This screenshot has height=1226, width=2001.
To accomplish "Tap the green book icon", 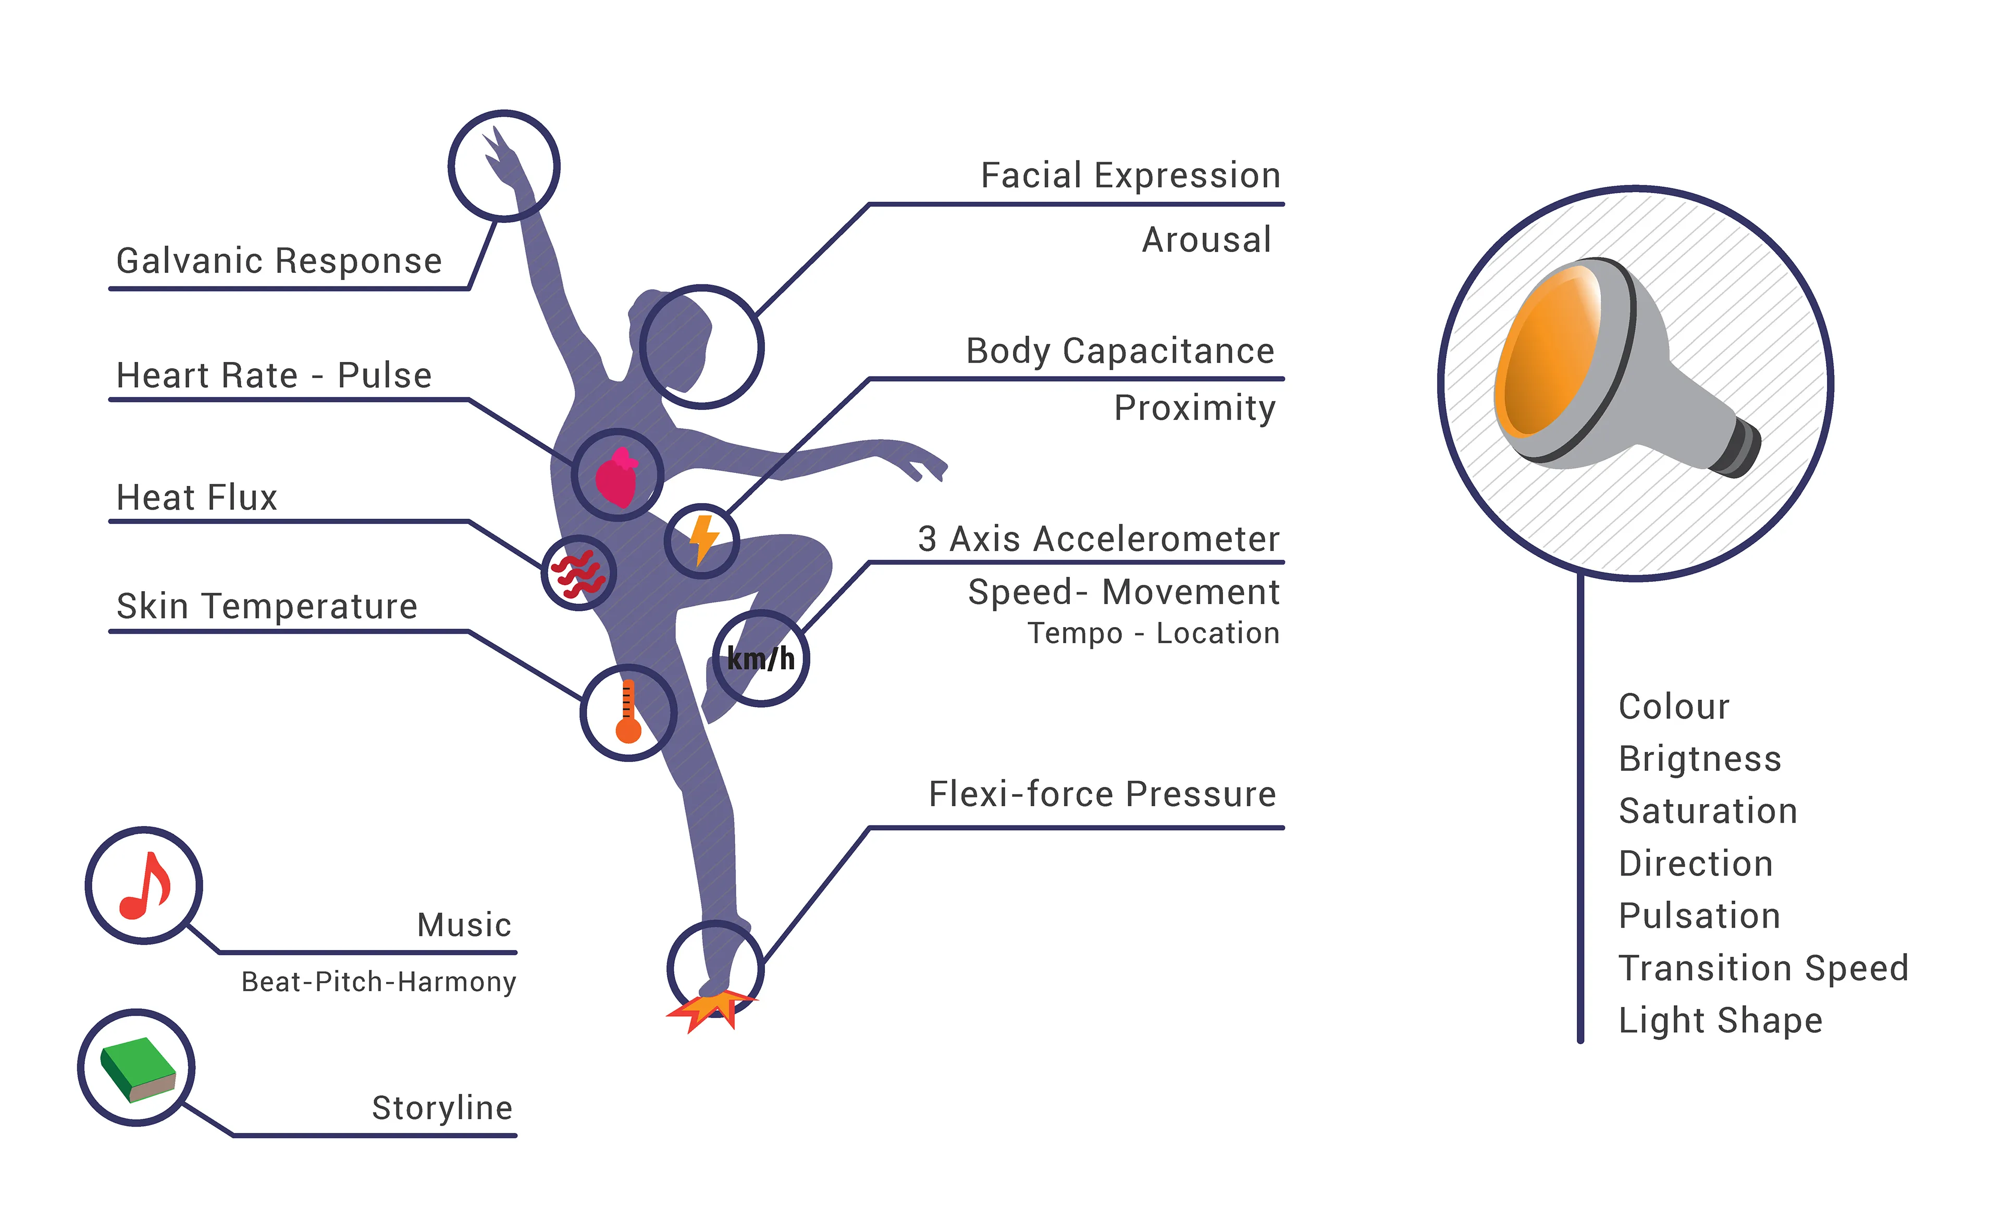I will [x=137, y=1069].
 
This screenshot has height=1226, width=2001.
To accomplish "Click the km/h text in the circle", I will [x=760, y=658].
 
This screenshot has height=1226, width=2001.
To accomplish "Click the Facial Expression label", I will [x=1130, y=176].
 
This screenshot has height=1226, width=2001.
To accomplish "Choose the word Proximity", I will [x=1194, y=408].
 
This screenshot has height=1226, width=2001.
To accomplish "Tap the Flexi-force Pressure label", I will [x=1102, y=794].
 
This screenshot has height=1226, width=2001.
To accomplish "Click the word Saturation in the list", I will [x=1707, y=811].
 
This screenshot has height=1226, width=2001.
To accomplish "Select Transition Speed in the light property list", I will [x=1762, y=968].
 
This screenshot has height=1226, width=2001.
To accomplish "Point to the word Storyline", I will [x=442, y=1107].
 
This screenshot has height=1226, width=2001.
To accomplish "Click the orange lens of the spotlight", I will [x=1547, y=353].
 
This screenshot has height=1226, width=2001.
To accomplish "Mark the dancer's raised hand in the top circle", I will [x=501, y=158].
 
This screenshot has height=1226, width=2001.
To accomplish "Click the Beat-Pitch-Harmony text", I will [x=378, y=982].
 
